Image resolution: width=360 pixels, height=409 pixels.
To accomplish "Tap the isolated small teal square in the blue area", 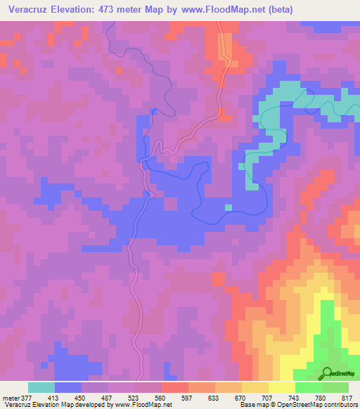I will pos(228,207).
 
